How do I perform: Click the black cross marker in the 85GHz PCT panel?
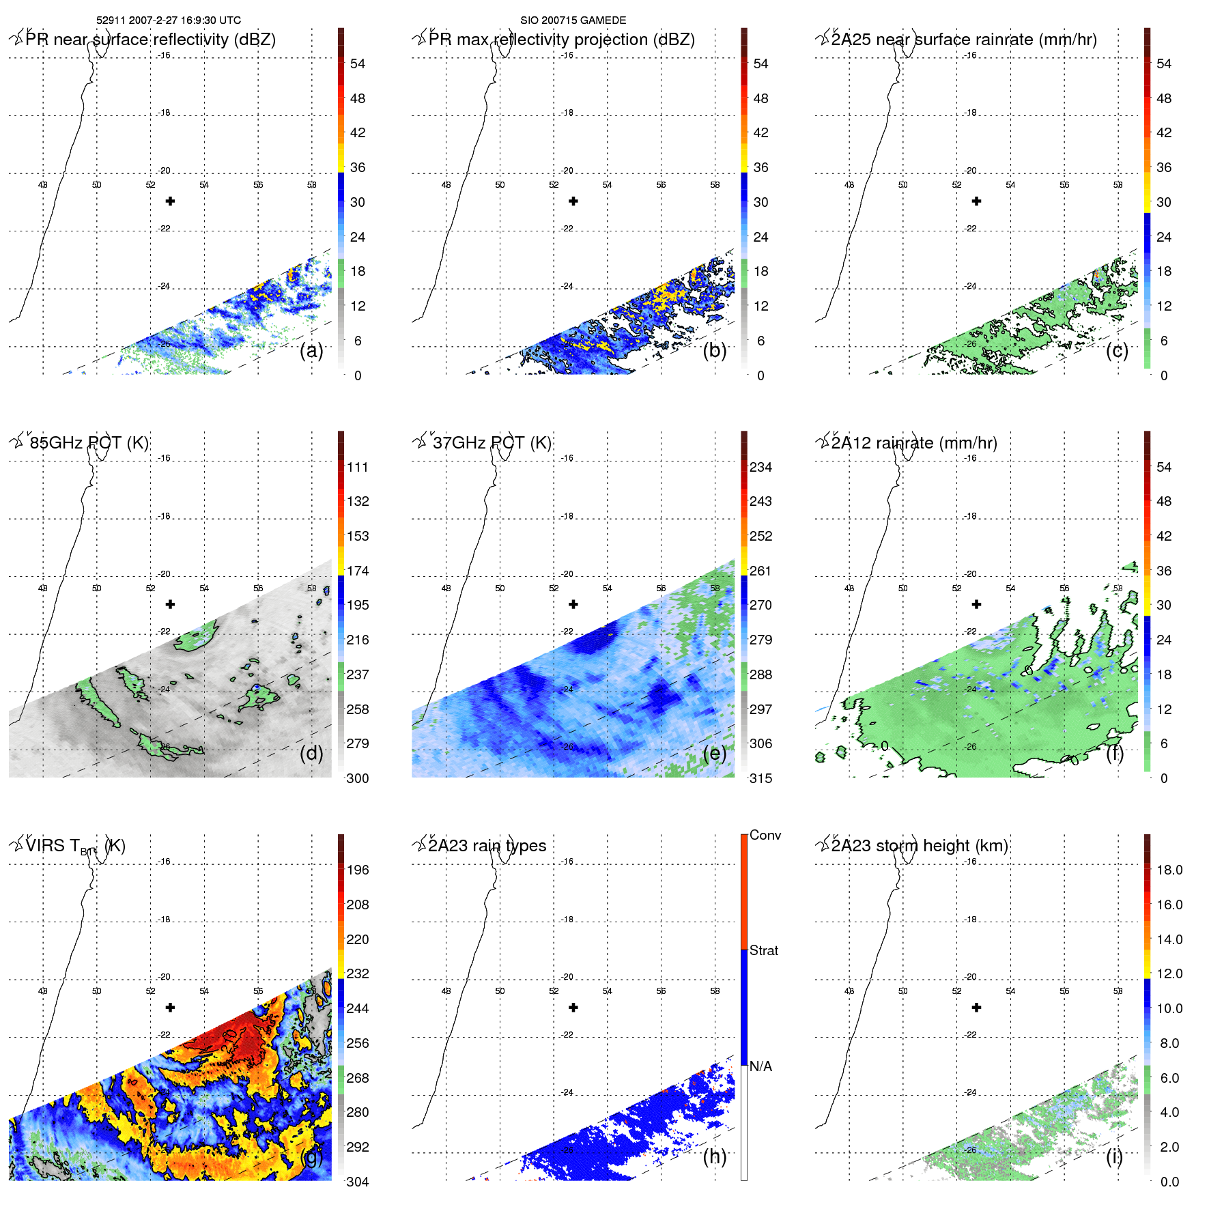170,604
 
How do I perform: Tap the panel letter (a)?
311,350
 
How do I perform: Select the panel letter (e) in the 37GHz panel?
714,753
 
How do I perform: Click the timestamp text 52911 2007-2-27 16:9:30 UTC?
169,20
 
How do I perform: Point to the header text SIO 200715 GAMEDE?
573,20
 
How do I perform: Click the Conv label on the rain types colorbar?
765,835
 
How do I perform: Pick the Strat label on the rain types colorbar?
763,950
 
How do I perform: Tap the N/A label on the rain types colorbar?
760,1066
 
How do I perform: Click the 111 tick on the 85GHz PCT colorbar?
358,467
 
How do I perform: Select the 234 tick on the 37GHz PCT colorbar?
760,467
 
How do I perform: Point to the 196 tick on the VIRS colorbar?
358,870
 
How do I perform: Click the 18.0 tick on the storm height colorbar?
1169,870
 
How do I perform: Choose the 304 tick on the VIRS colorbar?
358,1182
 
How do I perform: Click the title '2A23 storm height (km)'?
919,846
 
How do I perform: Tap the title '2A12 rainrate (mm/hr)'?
913,443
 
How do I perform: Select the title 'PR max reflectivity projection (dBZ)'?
561,40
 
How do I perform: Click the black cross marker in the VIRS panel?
170,1008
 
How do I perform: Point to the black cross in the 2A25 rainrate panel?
976,201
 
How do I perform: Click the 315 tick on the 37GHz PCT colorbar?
760,778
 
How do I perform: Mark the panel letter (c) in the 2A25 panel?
1117,350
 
